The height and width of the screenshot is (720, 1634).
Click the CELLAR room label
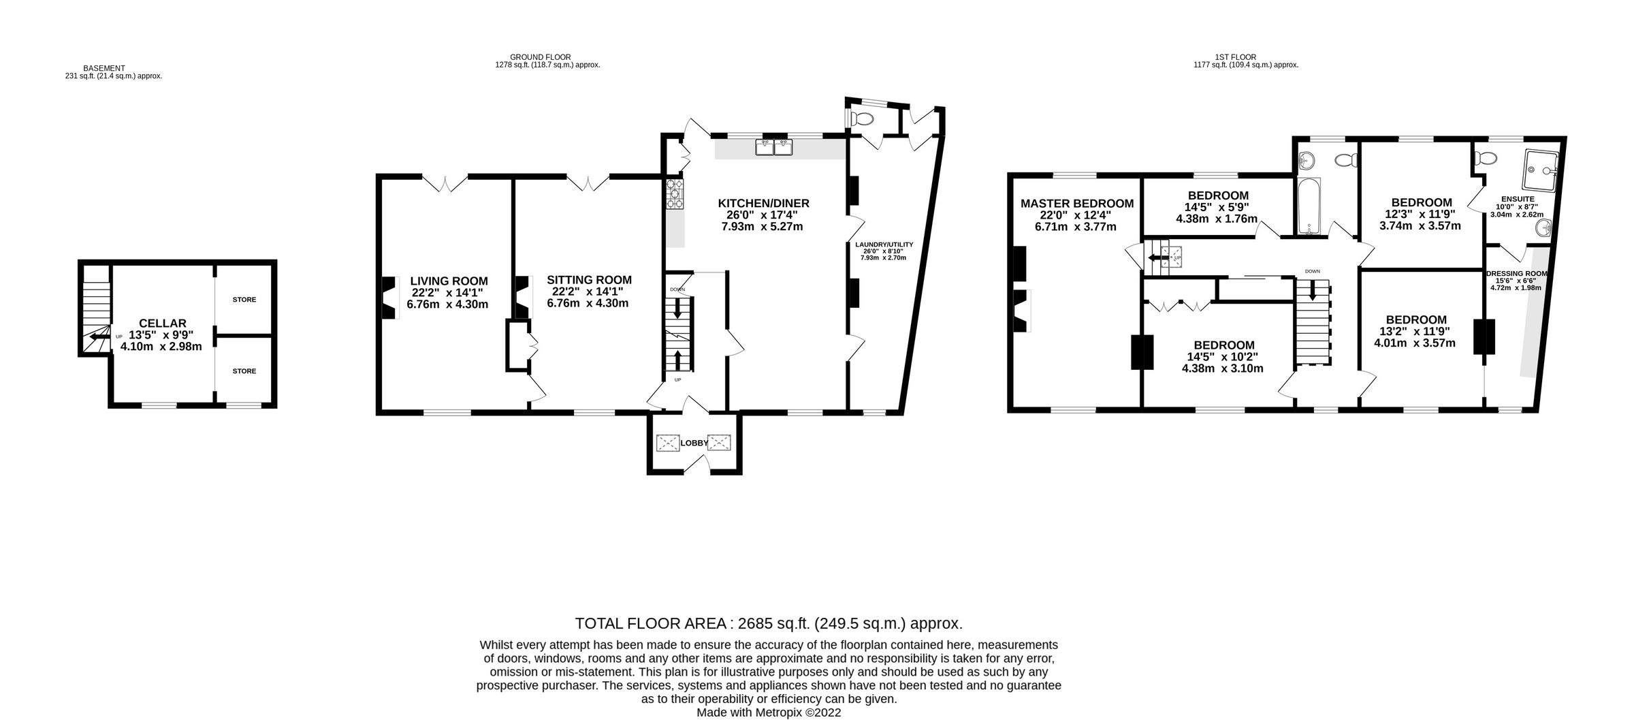click(x=162, y=323)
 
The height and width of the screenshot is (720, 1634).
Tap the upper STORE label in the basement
click(x=244, y=300)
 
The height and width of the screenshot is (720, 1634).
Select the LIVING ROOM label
click(x=449, y=281)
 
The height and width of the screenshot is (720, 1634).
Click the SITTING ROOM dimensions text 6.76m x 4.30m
click(x=588, y=304)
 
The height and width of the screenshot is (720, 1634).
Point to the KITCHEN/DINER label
click(x=763, y=203)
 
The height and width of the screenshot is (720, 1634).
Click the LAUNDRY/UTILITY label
click(x=884, y=244)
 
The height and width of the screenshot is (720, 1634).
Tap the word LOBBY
click(x=694, y=443)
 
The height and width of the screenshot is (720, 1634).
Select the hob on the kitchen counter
click(x=675, y=193)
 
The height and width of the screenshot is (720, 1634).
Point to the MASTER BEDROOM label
click(x=1077, y=203)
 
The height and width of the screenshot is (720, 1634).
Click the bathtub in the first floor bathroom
click(x=1309, y=206)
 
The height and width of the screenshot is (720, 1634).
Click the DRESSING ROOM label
click(x=1516, y=274)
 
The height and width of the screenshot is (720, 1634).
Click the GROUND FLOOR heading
click(x=540, y=57)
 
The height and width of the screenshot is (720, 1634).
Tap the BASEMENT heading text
click(x=104, y=68)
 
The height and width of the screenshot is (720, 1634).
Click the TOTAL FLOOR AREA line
click(x=768, y=623)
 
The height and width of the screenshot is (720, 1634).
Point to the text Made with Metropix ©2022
click(x=768, y=713)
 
